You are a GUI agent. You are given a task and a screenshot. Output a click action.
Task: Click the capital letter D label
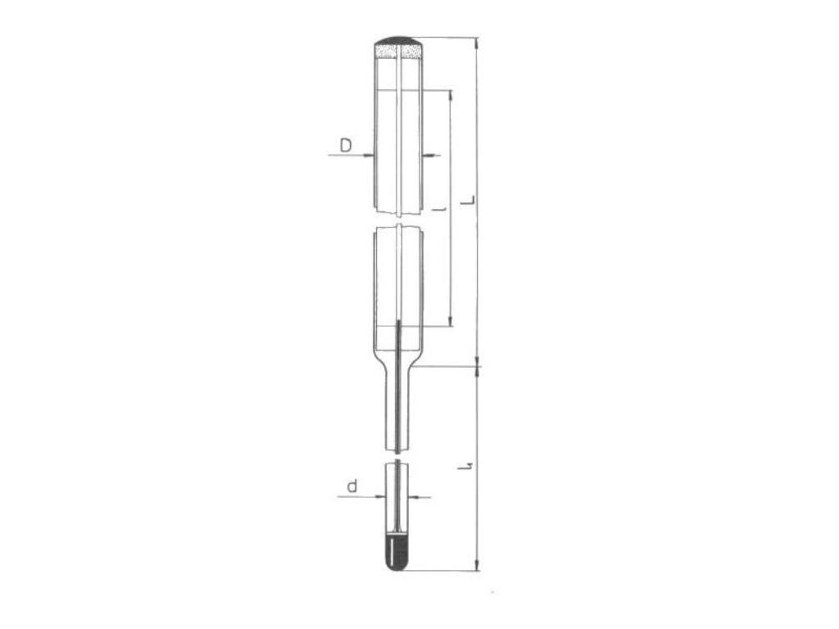point(346,145)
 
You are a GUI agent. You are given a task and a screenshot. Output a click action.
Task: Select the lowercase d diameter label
point(351,486)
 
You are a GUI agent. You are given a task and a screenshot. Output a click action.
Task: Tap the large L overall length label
point(468,201)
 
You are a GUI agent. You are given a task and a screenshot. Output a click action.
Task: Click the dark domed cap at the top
point(398,40)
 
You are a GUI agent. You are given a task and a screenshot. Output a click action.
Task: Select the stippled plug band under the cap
point(398,52)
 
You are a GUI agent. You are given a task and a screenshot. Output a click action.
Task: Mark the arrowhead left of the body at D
point(370,155)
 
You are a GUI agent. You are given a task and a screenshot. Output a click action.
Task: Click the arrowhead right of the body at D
point(429,155)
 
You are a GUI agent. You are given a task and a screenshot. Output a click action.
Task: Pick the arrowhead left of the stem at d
point(381,496)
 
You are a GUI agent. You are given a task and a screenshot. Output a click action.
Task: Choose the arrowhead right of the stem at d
point(413,496)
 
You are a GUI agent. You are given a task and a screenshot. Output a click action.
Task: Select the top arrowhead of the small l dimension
point(450,93)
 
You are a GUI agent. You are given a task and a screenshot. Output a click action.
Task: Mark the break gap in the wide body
point(398,219)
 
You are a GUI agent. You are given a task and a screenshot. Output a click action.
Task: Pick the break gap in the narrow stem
point(397,457)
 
